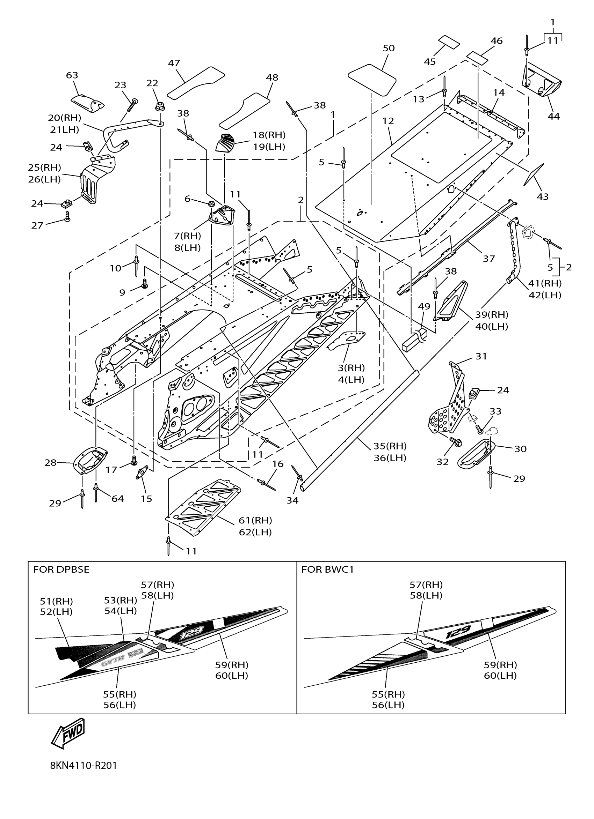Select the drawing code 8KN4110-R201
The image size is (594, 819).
coord(84,766)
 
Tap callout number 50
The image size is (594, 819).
coord(388,48)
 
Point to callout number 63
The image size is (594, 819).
coord(72,75)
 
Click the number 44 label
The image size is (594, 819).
coord(553,116)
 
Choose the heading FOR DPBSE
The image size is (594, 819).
coord(61,569)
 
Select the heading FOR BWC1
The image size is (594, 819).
coord(327,569)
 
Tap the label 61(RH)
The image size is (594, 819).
coord(255,520)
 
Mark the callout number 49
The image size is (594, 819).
coord(424,306)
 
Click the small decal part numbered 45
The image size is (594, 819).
coord(449,42)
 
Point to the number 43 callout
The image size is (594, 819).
coord(542,196)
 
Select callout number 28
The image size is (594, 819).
coord(50,462)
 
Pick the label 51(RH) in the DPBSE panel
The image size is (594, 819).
coord(56,601)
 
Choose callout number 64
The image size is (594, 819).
coord(117,499)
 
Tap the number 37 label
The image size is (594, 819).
coord(489,259)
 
